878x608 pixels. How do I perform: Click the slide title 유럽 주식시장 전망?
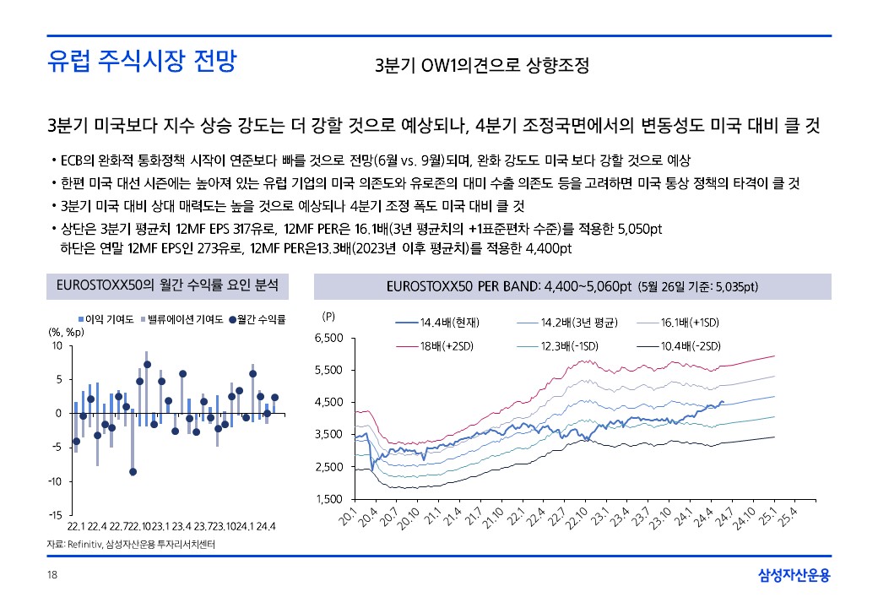pos(142,62)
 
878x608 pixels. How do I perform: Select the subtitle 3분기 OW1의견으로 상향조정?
pos(481,66)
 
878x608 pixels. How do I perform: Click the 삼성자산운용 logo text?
pos(794,576)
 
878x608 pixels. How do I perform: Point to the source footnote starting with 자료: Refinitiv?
pos(131,545)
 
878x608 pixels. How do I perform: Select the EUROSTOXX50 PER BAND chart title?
pos(572,286)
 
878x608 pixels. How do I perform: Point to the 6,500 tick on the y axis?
pos(328,339)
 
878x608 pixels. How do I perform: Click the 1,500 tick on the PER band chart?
pos(328,499)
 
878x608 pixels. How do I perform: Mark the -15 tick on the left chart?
pos(57,515)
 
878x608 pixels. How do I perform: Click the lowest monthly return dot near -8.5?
pos(133,471)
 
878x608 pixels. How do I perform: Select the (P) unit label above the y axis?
pos(329,316)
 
